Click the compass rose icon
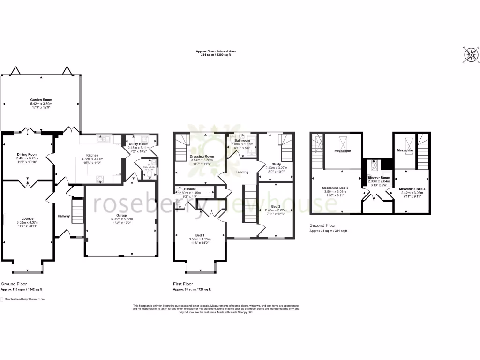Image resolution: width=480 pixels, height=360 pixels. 471,55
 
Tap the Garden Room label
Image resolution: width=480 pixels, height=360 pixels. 41,100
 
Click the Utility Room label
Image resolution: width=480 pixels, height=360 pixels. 138,144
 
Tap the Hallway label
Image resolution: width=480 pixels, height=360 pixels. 64,216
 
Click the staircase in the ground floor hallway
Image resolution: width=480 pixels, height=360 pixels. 77,211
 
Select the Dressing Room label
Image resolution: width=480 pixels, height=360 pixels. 202,156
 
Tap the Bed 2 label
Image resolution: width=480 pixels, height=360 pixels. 276,206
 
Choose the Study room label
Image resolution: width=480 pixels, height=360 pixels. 276,164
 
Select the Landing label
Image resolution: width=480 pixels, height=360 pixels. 242,172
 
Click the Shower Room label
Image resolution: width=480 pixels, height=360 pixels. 379,178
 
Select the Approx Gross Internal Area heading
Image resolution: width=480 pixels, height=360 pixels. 213,52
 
